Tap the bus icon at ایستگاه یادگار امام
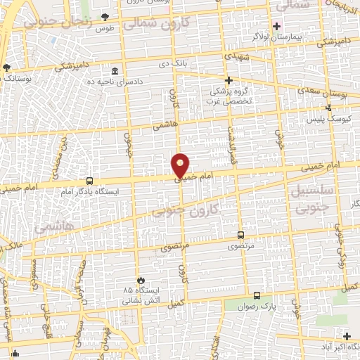89,181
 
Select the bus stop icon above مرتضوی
241,236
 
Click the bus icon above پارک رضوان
257,296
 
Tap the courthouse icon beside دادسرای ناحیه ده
115,71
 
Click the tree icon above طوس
105,16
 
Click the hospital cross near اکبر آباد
347,336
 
